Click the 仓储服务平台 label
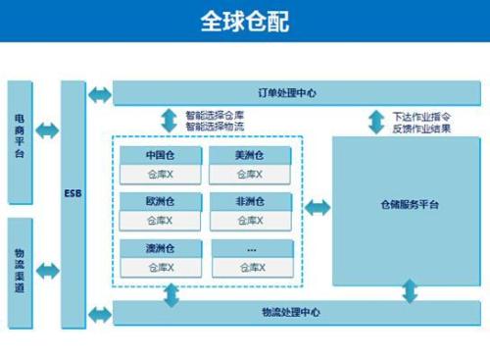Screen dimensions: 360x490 click(409, 206)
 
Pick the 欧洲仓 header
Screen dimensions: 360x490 click(160, 202)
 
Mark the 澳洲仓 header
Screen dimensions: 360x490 click(160, 248)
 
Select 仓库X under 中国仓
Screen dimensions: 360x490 click(160, 175)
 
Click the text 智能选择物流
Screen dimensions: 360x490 click(215, 126)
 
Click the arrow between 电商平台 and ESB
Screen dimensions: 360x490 click(47, 130)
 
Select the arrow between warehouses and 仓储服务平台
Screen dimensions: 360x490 click(318, 208)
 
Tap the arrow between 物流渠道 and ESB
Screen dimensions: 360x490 click(47, 271)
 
